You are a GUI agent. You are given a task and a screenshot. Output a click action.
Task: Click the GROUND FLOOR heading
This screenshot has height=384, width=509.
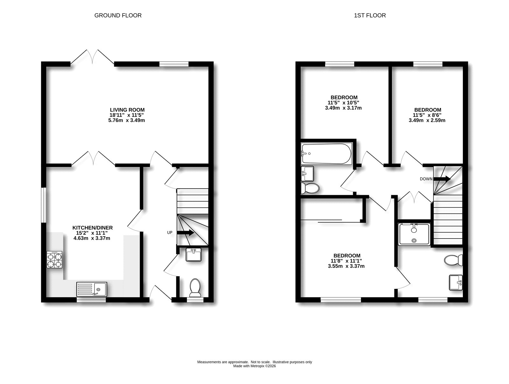[118, 15]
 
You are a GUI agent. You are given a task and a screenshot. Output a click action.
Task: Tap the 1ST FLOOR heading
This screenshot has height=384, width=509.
[370, 15]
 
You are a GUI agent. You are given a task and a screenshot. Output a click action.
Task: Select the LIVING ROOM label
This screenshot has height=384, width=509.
[127, 110]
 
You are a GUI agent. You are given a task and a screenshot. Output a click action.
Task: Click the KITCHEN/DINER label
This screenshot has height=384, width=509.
[93, 228]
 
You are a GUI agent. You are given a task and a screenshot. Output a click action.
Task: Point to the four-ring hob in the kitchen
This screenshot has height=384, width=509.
[54, 260]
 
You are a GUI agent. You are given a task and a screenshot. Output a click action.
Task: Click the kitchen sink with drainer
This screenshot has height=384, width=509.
[92, 289]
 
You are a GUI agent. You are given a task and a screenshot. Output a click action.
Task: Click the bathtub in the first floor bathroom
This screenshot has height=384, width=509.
[326, 153]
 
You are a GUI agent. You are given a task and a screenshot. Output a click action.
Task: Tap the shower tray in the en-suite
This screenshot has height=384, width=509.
[414, 234]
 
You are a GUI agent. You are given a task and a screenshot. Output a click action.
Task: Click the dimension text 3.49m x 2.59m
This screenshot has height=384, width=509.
[427, 120]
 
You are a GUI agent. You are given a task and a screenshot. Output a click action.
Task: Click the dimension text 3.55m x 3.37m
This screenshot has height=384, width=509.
[346, 266]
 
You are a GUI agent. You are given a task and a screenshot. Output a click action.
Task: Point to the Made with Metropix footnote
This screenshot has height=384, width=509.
[254, 366]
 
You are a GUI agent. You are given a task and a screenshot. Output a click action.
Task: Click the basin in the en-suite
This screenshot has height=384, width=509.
[456, 282]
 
